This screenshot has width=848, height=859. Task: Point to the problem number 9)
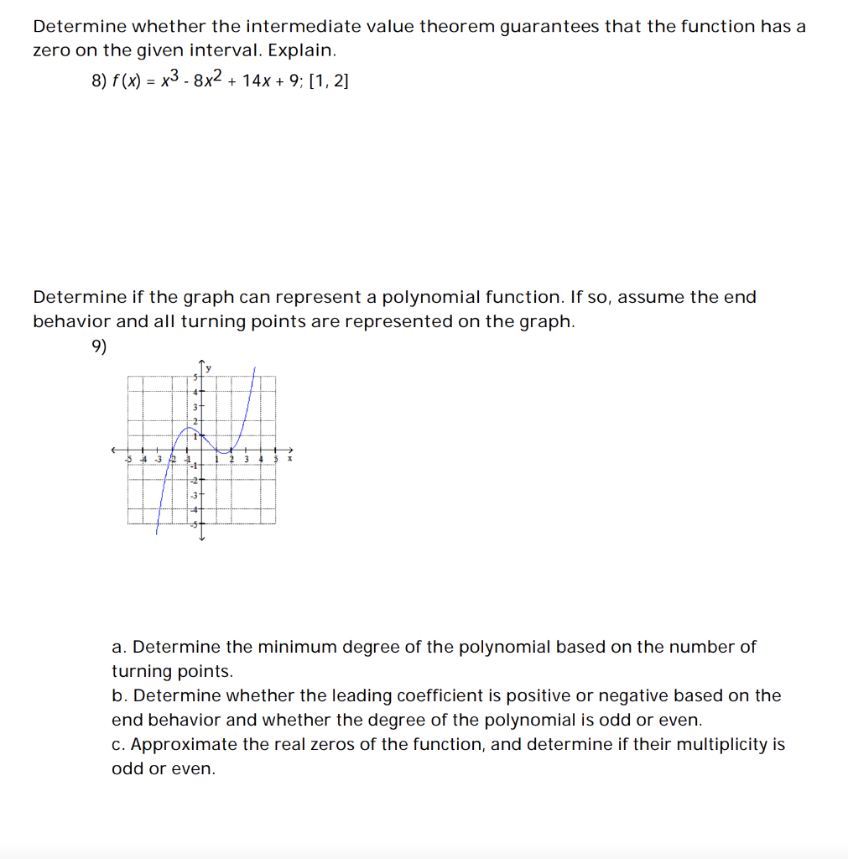[x=100, y=346]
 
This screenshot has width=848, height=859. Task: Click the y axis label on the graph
[x=210, y=367]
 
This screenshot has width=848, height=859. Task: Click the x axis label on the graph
[x=289, y=459]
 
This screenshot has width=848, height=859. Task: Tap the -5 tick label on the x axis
[x=128, y=459]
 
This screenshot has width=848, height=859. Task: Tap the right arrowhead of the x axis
[x=291, y=449]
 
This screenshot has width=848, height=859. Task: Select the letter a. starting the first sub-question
[x=118, y=648]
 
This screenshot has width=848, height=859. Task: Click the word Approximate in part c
[x=181, y=745]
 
